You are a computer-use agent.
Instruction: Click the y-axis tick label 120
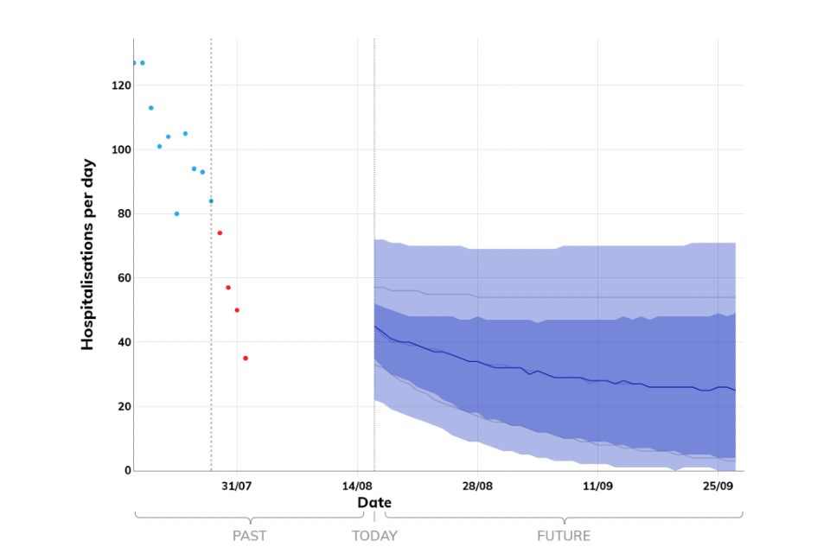(120, 86)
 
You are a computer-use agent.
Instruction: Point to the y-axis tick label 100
(120, 149)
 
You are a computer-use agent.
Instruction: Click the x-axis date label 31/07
(236, 486)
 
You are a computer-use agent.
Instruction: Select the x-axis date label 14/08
(357, 486)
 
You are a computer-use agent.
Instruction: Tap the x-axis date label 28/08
(477, 486)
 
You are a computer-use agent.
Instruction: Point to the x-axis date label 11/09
(597, 486)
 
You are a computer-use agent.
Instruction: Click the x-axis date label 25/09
(718, 486)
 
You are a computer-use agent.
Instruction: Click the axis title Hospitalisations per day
(87, 259)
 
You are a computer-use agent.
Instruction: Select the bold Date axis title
(374, 503)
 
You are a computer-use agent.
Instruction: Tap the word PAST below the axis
(250, 536)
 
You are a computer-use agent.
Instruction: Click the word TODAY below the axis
(374, 536)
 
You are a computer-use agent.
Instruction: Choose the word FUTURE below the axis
(564, 536)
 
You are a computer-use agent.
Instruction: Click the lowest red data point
(246, 358)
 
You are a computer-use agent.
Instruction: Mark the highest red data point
(220, 233)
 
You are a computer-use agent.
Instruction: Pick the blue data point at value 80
(176, 213)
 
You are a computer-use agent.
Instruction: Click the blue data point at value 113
(150, 108)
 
